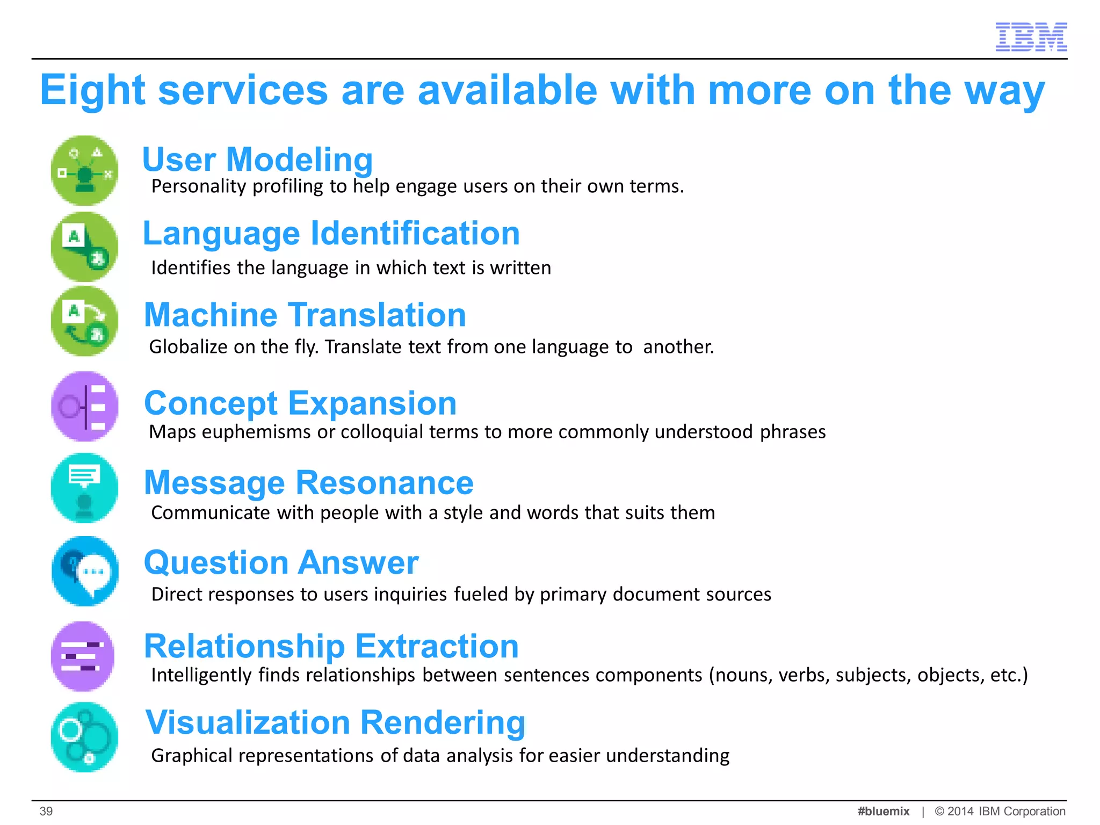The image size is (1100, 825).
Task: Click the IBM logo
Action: coord(1031,37)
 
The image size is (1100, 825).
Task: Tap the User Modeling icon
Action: coord(84,170)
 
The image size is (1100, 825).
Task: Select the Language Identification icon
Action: coord(84,247)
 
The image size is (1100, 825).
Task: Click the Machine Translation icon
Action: coord(84,321)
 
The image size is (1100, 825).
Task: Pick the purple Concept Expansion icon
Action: coord(84,407)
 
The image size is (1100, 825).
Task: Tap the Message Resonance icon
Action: coord(84,488)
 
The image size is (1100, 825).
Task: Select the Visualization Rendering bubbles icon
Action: coord(84,737)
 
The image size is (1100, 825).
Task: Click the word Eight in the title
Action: coord(92,90)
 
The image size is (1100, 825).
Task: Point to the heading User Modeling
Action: coord(257,160)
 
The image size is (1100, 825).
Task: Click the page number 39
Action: coord(46,811)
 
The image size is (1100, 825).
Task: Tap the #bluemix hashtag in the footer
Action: coord(883,811)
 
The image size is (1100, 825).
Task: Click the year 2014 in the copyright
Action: coord(960,811)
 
